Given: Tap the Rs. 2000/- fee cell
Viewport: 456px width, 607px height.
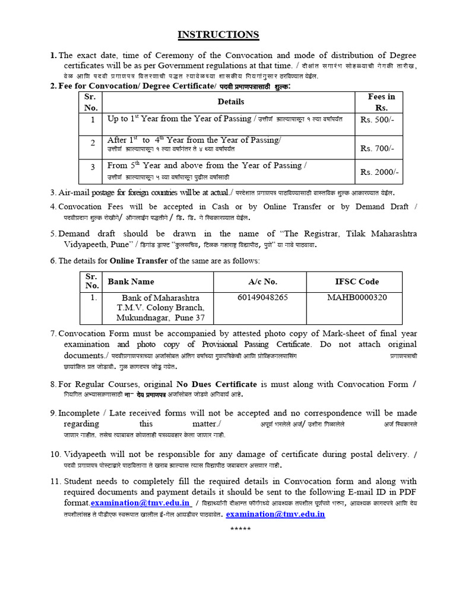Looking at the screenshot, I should click(x=379, y=172).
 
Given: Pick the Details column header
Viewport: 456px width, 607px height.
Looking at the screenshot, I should click(x=230, y=101).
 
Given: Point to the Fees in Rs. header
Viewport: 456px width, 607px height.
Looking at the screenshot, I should click(x=381, y=102).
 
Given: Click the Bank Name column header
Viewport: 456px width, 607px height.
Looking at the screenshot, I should click(x=131, y=282).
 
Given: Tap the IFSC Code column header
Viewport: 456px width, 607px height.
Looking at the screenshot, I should click(x=357, y=282).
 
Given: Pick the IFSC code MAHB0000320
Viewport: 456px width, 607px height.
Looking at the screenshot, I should click(x=357, y=297).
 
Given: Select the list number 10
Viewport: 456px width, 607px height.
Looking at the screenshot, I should click(x=55, y=455).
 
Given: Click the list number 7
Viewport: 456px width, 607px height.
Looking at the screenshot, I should click(x=53, y=334).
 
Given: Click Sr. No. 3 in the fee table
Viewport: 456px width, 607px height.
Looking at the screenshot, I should click(x=93, y=167).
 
